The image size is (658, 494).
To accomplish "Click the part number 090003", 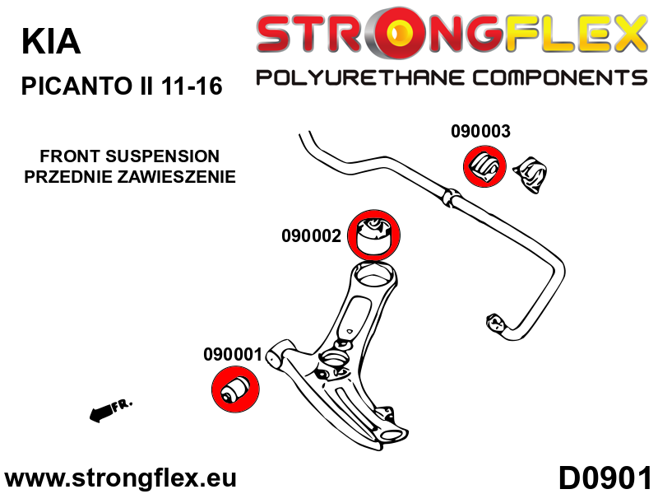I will [x=480, y=131].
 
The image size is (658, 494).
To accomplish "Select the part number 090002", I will [x=311, y=235].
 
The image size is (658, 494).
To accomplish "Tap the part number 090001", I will [x=232, y=356].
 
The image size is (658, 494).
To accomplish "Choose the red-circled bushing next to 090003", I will [x=484, y=167].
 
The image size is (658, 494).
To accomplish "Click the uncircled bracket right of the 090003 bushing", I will [x=531, y=175].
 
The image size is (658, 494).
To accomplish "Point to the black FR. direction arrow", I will [x=108, y=410].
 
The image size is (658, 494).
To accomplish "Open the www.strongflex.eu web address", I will [x=121, y=478].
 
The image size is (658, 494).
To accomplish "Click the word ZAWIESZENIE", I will [x=182, y=176].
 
